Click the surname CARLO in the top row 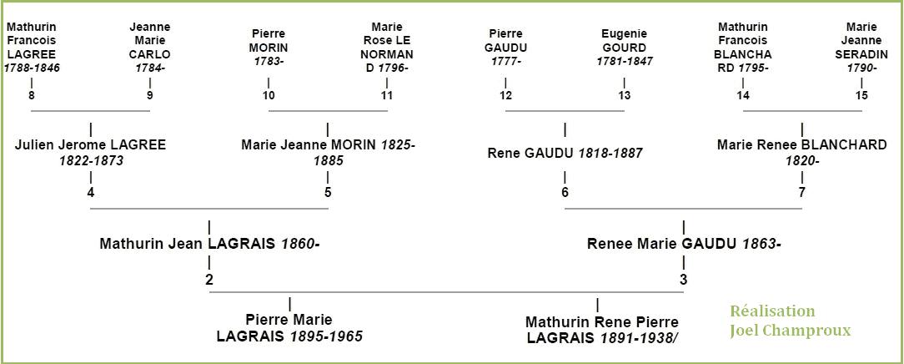pos(150,54)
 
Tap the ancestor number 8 pos(31,96)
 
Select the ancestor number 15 pos(862,96)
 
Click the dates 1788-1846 pos(32,68)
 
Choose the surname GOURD pos(625,48)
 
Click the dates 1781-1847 pos(625,62)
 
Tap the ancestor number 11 pos(386,96)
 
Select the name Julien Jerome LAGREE pos(91,145)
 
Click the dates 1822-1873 pos(91,161)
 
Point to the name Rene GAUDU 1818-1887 pos(565,154)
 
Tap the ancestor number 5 pos(328,193)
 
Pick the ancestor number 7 pos(801,193)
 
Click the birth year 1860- pos(300,244)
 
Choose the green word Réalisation pos(772,311)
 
